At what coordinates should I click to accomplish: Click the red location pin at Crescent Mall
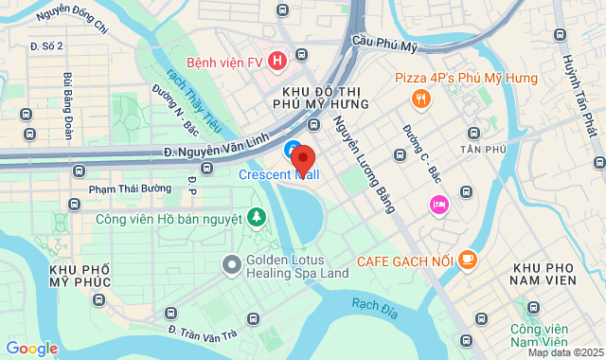(x=302, y=157)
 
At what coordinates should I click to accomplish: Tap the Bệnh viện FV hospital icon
(x=276, y=62)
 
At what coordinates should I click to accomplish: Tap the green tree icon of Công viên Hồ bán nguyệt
(x=256, y=219)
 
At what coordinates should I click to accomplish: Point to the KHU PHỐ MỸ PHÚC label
(x=80, y=278)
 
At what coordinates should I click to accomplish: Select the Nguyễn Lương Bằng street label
(x=364, y=163)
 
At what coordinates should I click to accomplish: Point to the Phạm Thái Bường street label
(x=130, y=189)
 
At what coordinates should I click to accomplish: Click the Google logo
(x=31, y=349)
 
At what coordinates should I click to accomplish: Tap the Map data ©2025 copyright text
(x=565, y=352)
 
